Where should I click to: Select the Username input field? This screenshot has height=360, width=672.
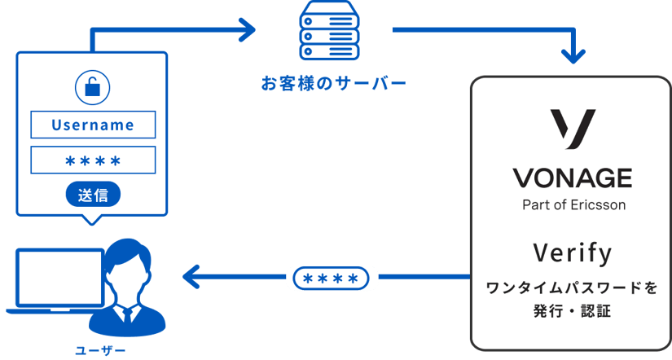point(93,125)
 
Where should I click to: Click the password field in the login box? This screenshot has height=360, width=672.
point(93,160)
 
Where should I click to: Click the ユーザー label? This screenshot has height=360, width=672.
point(100,351)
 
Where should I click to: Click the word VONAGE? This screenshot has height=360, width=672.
point(573,178)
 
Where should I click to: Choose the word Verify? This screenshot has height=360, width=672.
point(572,252)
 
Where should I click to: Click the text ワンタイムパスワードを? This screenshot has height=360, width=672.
point(572,288)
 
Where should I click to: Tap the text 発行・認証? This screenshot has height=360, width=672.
point(572,310)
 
